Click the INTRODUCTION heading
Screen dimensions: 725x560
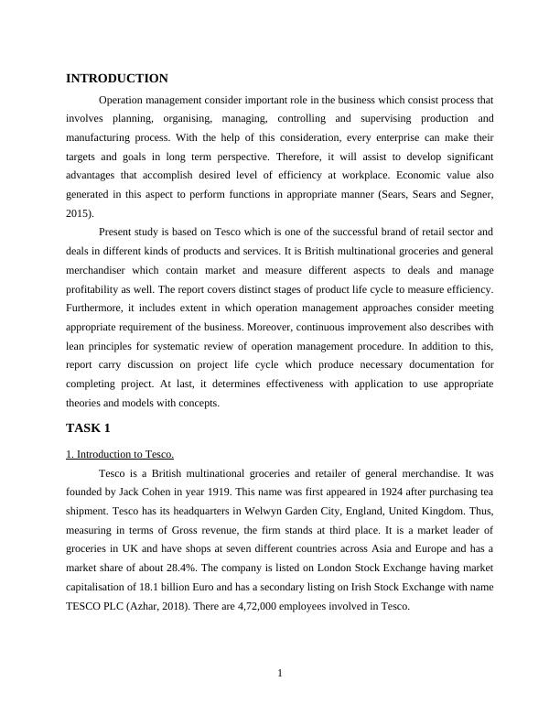[x=117, y=79]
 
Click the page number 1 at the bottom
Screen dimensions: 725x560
[x=280, y=675]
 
